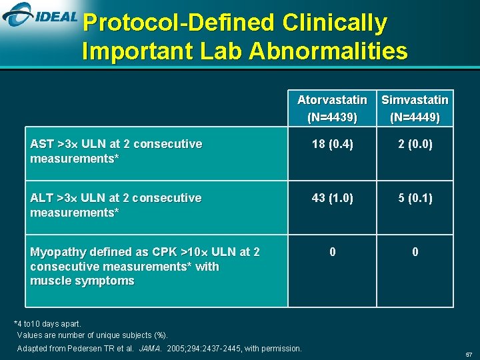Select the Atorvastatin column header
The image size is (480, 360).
coord(332,100)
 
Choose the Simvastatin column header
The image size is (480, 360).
coord(415,100)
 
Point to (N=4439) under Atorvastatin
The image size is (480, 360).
coord(332,117)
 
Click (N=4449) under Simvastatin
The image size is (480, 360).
coord(415,117)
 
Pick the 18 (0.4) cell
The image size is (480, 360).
coord(332,144)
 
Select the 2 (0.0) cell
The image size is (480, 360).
coord(415,144)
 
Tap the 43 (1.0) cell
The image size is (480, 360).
coord(332,198)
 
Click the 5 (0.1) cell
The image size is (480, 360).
coord(415,198)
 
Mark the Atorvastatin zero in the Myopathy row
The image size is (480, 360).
coord(332,252)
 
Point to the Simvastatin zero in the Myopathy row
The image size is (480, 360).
coord(415,252)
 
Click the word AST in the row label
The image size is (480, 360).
coord(42,144)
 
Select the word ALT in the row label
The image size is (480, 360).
coord(42,198)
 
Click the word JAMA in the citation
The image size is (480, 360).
coord(150,348)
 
